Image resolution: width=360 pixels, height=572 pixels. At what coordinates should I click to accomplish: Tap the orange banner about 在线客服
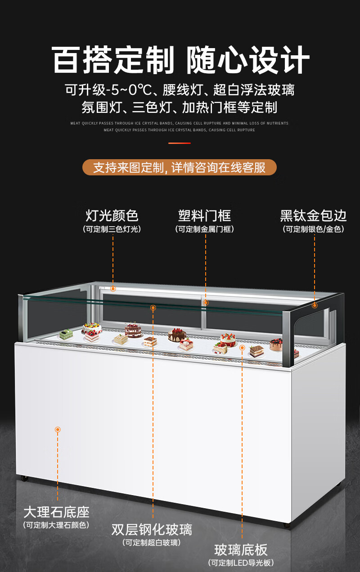tap(179, 168)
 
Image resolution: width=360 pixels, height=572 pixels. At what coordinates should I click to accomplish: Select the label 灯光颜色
tap(112, 215)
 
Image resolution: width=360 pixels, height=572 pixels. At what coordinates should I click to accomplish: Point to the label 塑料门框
tap(205, 215)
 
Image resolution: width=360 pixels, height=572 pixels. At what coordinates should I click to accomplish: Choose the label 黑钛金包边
tap(314, 215)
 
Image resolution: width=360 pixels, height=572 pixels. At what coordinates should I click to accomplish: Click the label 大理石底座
tap(57, 512)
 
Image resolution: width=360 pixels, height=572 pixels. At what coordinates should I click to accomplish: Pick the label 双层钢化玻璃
tap(152, 529)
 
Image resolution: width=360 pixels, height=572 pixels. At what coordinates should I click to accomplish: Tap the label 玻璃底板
tap(241, 550)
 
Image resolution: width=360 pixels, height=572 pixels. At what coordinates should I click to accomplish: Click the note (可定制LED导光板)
tap(241, 563)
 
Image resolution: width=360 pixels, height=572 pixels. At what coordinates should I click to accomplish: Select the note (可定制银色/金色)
tap(314, 229)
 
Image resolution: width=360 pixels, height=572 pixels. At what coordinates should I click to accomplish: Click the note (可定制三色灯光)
tap(112, 229)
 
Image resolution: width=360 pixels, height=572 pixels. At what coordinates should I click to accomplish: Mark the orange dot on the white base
tap(58, 429)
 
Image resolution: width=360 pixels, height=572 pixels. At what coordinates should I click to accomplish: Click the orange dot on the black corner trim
tap(315, 305)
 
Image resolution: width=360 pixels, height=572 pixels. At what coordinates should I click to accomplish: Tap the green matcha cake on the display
tap(66, 333)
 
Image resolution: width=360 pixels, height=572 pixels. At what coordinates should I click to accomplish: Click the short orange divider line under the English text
tap(180, 143)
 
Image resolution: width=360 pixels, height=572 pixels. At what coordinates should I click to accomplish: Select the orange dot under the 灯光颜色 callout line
tap(113, 289)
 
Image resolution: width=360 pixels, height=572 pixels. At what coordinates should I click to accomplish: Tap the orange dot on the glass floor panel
tap(242, 348)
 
